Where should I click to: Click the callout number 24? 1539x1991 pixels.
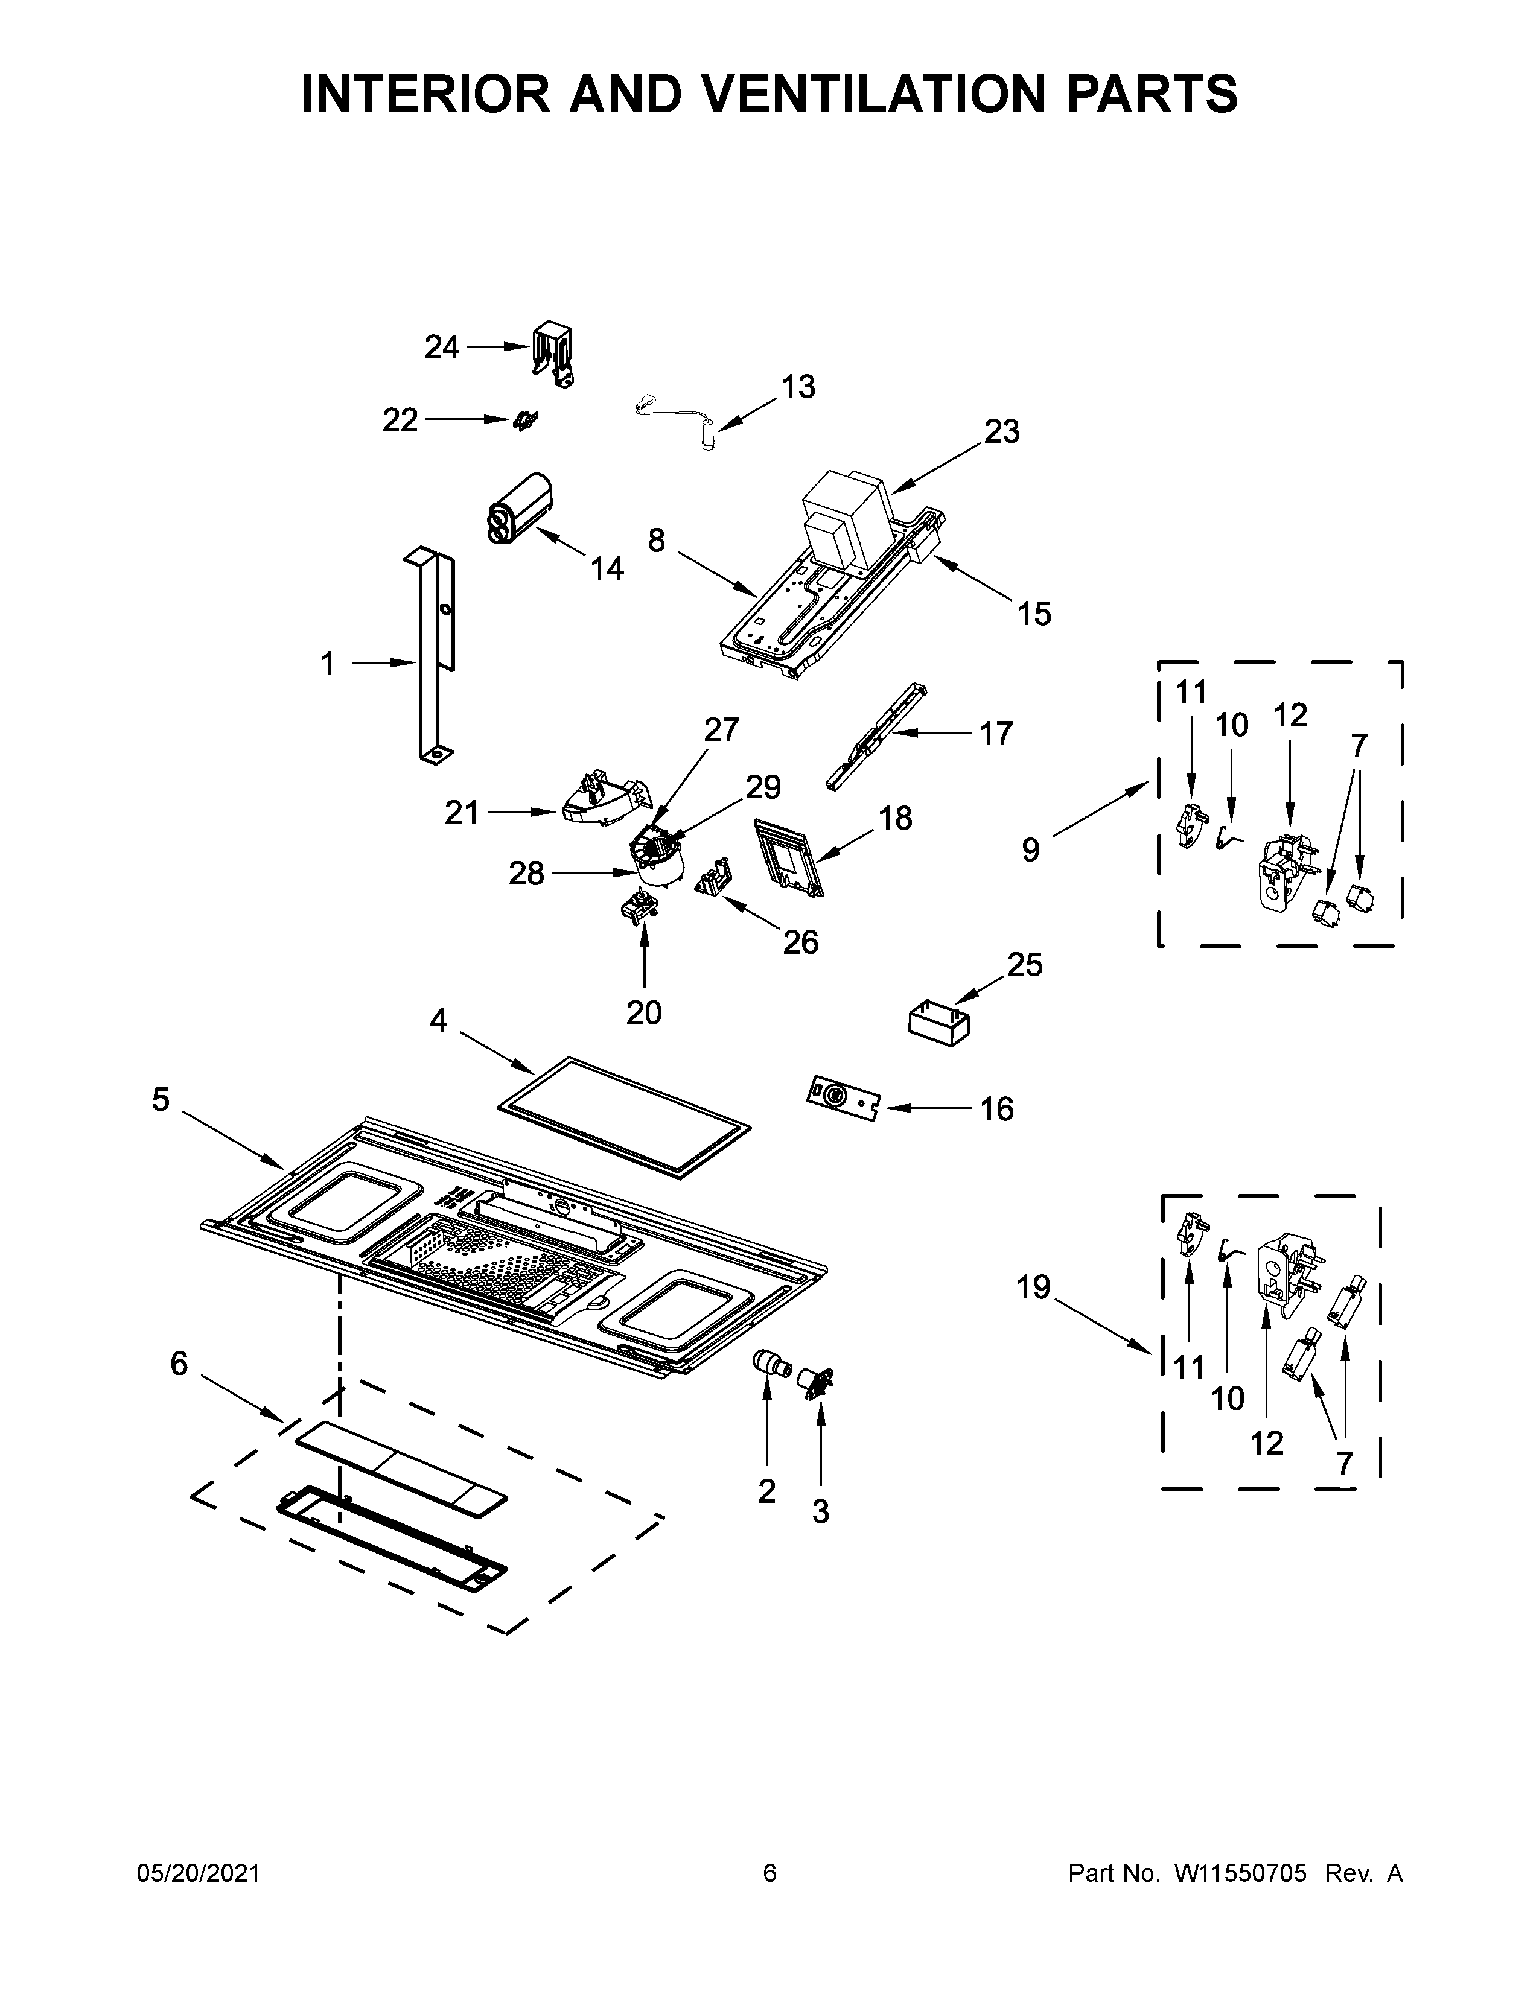click(x=442, y=348)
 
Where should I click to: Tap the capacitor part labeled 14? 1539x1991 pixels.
click(x=520, y=509)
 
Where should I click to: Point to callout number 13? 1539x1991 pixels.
click(x=798, y=387)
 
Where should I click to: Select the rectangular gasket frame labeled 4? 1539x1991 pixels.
click(x=625, y=1117)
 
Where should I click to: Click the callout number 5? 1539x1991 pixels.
click(x=161, y=1100)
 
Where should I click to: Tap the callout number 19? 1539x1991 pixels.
click(x=1034, y=1288)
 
